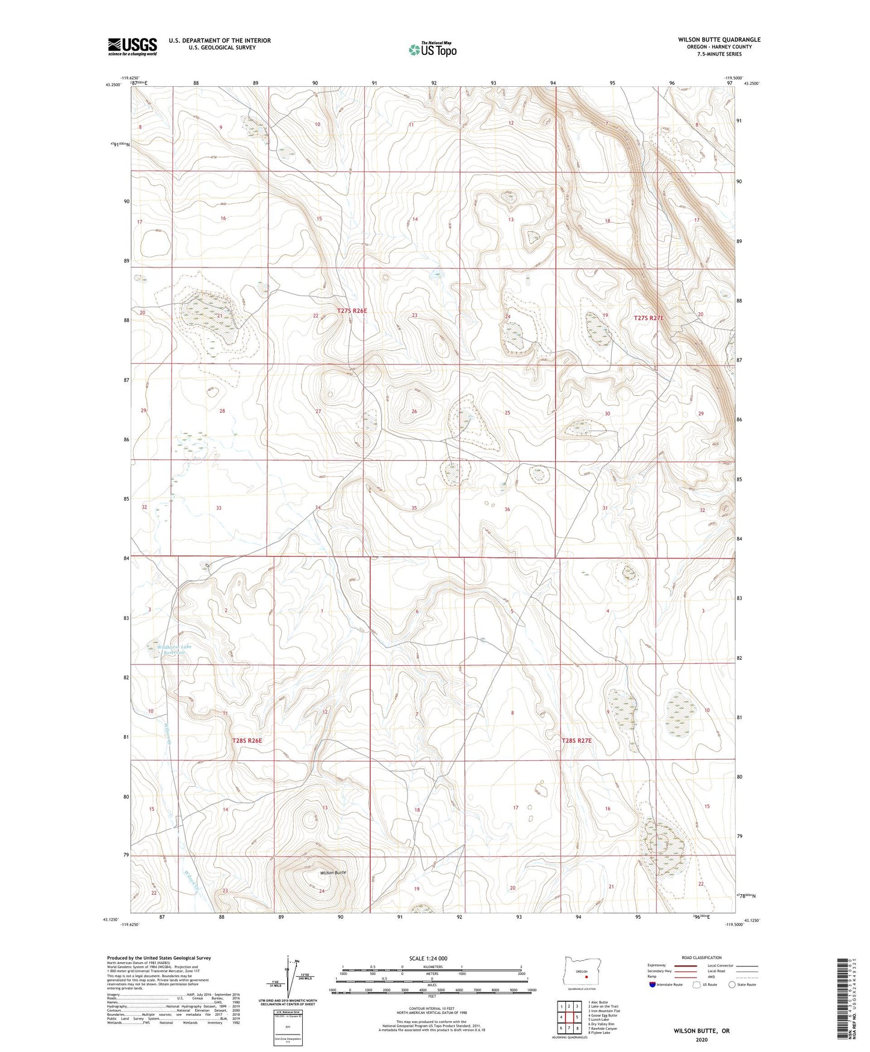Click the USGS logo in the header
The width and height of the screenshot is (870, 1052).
[x=132, y=46]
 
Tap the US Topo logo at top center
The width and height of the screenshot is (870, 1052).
[x=432, y=49]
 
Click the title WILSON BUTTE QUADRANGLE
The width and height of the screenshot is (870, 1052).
[x=719, y=40]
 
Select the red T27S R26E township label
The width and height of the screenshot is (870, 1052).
[x=352, y=311]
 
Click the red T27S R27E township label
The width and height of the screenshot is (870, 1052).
[x=648, y=318]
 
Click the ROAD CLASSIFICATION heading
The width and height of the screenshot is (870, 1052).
[x=701, y=957]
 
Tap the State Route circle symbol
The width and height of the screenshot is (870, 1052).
[x=732, y=985]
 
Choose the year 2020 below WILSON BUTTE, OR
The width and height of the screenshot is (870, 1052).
[x=701, y=1040]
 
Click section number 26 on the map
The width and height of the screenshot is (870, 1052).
[x=414, y=412]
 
